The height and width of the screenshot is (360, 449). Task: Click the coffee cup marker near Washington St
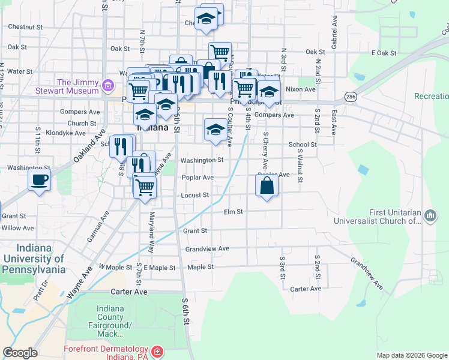click(40, 179)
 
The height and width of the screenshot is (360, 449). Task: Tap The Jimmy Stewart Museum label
click(77, 86)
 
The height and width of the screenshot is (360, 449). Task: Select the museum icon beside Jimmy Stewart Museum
click(108, 86)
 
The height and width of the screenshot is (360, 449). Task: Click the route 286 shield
click(351, 96)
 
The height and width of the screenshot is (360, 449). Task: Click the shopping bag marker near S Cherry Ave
click(267, 185)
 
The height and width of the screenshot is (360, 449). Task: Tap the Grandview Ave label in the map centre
click(207, 248)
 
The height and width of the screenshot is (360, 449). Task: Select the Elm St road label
click(233, 212)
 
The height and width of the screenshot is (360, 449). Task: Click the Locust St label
click(194, 195)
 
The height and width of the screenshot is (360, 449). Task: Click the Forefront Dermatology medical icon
click(157, 350)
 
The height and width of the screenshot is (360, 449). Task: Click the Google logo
click(20, 353)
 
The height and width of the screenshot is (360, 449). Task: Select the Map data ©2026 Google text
click(412, 355)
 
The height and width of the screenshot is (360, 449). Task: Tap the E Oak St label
click(384, 53)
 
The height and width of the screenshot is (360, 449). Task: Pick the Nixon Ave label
click(301, 89)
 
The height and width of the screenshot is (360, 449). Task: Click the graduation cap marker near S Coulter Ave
click(215, 130)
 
